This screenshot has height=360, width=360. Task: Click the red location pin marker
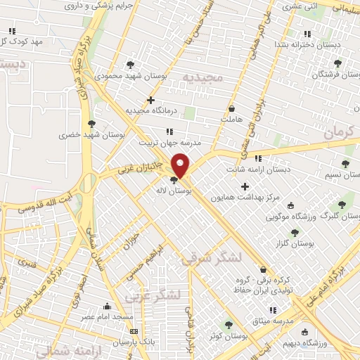(181, 166)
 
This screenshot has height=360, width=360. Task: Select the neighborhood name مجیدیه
(202, 76)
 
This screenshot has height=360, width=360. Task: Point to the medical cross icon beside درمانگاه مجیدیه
(150, 100)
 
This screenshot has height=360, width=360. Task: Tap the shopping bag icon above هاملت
(232, 109)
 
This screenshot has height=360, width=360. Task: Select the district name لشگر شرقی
(211, 259)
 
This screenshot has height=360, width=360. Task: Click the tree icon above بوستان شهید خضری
(91, 124)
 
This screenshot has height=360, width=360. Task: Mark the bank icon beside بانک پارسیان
(134, 331)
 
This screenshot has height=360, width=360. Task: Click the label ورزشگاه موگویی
(296, 216)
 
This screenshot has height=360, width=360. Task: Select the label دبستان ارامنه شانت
(259, 169)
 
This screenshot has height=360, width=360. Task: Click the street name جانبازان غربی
(140, 167)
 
